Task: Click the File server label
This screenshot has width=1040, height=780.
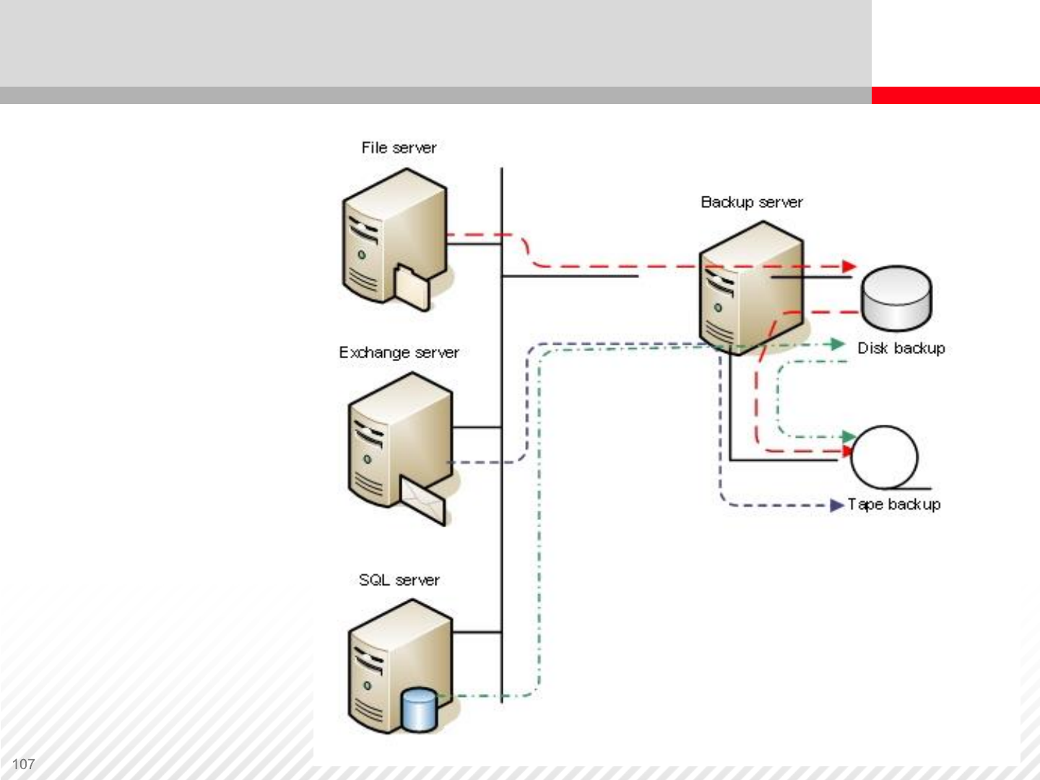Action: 399,148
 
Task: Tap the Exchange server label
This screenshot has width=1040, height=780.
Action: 399,352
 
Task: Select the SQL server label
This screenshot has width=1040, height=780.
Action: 399,580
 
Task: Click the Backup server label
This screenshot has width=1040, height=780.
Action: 751,202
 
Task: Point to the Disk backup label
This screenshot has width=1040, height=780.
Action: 901,348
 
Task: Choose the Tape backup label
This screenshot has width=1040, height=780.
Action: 894,504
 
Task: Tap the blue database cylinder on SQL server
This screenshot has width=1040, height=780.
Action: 419,709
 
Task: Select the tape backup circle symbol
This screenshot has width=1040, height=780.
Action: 884,457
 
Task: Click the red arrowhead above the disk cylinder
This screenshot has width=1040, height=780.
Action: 849,266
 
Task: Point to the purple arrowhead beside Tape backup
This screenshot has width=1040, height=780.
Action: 837,505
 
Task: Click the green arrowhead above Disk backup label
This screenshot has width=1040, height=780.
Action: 838,344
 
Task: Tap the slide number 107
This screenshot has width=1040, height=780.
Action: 23,764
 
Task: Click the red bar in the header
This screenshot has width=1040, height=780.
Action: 955,95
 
